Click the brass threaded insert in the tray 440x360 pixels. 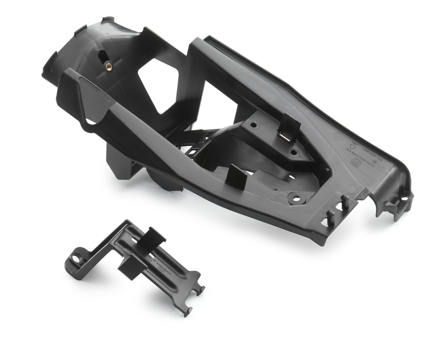[109, 67]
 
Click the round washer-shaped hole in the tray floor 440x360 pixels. [296, 199]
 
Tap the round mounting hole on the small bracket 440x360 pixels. [76, 258]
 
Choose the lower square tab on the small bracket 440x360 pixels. [129, 267]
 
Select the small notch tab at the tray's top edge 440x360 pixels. [108, 19]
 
